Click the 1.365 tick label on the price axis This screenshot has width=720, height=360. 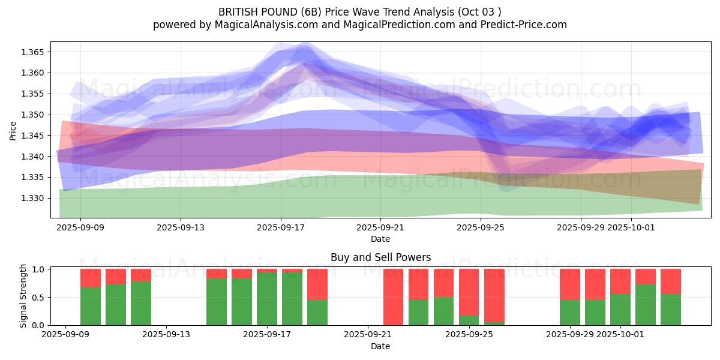pyautogui.click(x=33, y=52)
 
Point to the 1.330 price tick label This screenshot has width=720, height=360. pyautogui.click(x=33, y=198)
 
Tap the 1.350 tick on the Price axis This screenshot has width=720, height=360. pyautogui.click(x=33, y=115)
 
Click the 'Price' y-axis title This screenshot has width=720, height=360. pyautogui.click(x=13, y=130)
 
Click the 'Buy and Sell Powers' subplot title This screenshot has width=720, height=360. pyautogui.click(x=380, y=257)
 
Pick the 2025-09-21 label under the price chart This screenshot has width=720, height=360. pyautogui.click(x=380, y=227)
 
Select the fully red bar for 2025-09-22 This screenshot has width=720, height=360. pyautogui.click(x=393, y=297)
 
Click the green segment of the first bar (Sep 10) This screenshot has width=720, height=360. pyautogui.click(x=91, y=306)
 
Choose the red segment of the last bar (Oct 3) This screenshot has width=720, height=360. pyautogui.click(x=670, y=281)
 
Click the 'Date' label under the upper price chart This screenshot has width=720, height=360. pyautogui.click(x=380, y=239)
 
